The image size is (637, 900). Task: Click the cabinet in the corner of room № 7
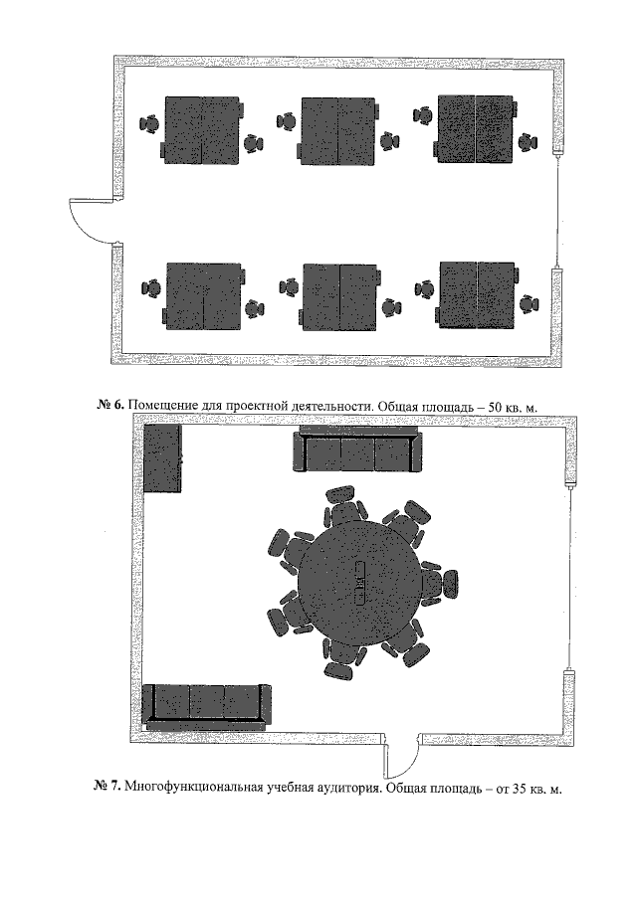162,458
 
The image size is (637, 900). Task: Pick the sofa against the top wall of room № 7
357,450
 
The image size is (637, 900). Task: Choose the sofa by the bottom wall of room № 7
206,706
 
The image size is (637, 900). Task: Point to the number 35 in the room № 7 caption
520,790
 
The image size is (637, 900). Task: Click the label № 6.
110,406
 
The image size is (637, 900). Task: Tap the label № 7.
106,786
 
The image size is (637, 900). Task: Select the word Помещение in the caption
163,407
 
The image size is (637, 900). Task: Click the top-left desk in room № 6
202,130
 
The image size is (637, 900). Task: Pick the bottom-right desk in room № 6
477,295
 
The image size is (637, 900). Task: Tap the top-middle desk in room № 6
337,131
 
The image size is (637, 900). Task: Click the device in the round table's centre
360,583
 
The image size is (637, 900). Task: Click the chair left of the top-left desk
149,123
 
